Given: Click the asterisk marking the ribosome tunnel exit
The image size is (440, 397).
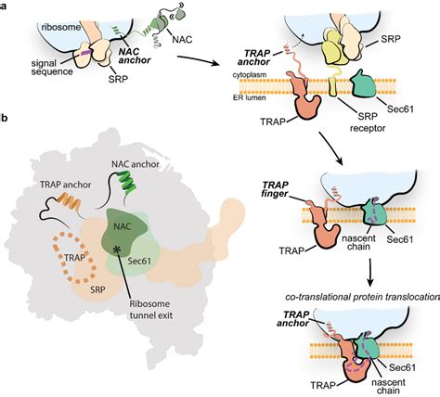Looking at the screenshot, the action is tap(117, 250).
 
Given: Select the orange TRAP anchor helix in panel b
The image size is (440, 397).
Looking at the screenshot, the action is tap(70, 200).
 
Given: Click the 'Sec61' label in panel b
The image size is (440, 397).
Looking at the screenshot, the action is tap(139, 262).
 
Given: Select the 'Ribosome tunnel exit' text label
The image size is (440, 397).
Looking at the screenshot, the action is tap(150, 309).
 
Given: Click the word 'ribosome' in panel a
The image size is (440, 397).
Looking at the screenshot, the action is tap(60, 28).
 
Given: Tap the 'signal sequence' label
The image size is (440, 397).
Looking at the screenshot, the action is tap(52, 68).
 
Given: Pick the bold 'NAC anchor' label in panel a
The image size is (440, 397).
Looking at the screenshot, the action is tap(135, 56).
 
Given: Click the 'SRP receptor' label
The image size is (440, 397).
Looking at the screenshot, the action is tap(368, 122).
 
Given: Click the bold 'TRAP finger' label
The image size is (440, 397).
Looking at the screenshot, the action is tap(275, 189).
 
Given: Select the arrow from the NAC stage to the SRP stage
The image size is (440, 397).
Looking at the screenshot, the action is tap(201, 60).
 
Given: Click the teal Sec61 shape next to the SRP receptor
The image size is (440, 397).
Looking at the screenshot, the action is tap(363, 83).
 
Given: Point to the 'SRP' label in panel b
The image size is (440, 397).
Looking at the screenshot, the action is tap(97, 289).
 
